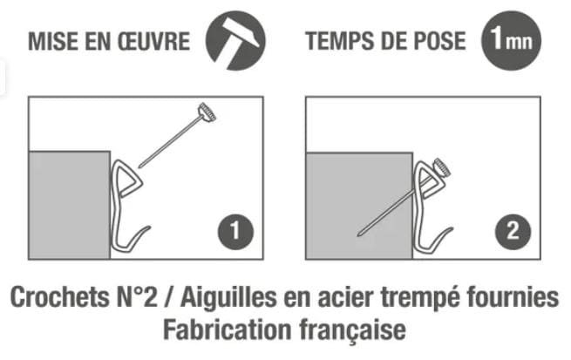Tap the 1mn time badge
(x=511, y=40)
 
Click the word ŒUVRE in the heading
(x=153, y=41)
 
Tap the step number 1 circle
(x=235, y=232)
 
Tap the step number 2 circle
(x=513, y=232)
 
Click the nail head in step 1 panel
(x=207, y=112)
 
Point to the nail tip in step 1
(x=139, y=167)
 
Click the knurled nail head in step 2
(x=442, y=168)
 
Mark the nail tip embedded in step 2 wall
(x=359, y=234)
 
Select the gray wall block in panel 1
(x=69, y=205)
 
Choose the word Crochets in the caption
(x=59, y=297)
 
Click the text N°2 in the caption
(x=137, y=297)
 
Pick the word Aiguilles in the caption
(x=228, y=298)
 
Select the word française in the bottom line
(x=352, y=330)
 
